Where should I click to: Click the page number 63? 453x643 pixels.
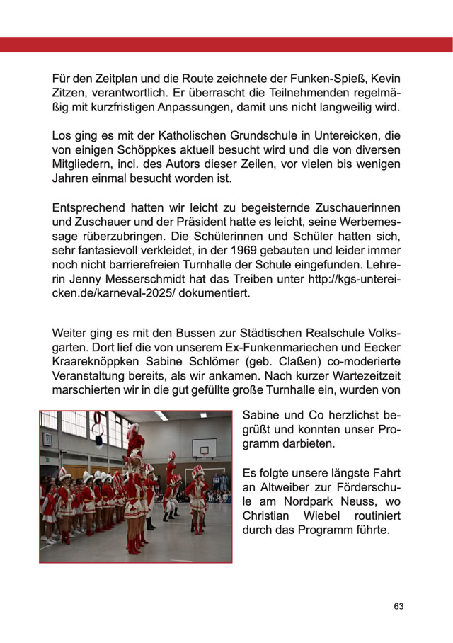tap(398, 607)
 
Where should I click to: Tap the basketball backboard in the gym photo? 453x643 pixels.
tap(203, 448)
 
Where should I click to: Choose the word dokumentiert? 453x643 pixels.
tap(216, 293)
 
